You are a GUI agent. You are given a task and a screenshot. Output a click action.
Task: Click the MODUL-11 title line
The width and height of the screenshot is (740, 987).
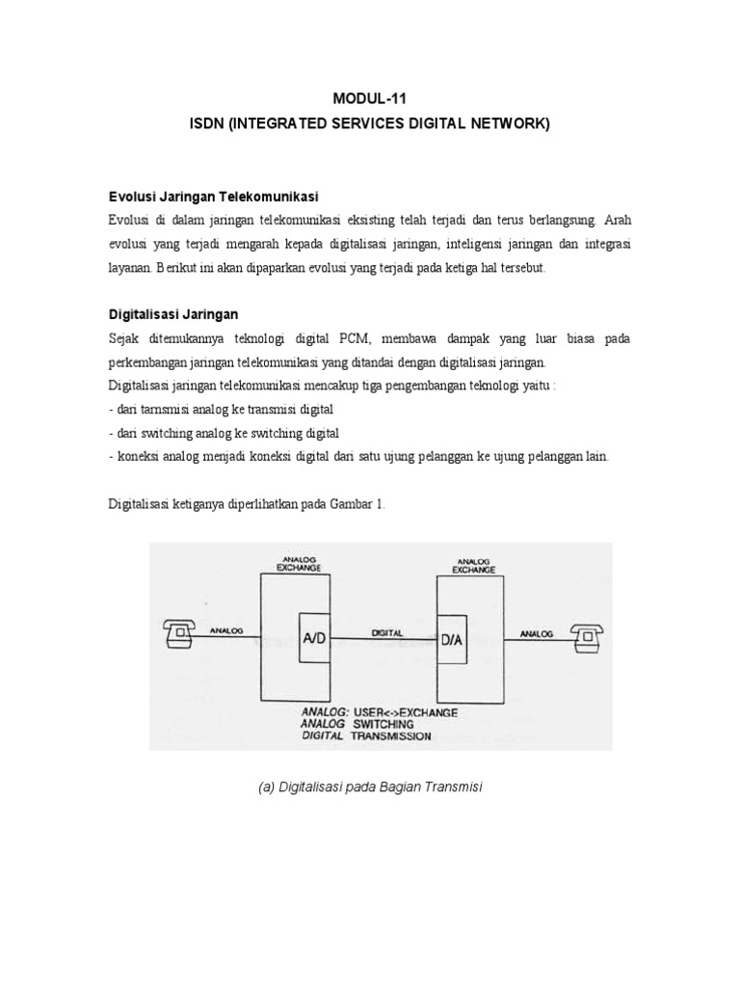tap(370, 98)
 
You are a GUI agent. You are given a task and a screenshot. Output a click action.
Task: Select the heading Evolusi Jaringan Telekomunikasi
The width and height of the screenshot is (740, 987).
tap(213, 195)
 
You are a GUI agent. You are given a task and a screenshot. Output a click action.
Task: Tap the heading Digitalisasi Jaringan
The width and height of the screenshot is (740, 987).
tap(172, 314)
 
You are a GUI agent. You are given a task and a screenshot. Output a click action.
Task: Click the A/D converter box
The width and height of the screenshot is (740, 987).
tap(314, 636)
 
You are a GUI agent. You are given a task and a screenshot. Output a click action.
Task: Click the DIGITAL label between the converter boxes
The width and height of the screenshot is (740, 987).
tap(384, 632)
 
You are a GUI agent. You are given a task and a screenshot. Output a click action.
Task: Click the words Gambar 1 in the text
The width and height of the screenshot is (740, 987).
tap(359, 504)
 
